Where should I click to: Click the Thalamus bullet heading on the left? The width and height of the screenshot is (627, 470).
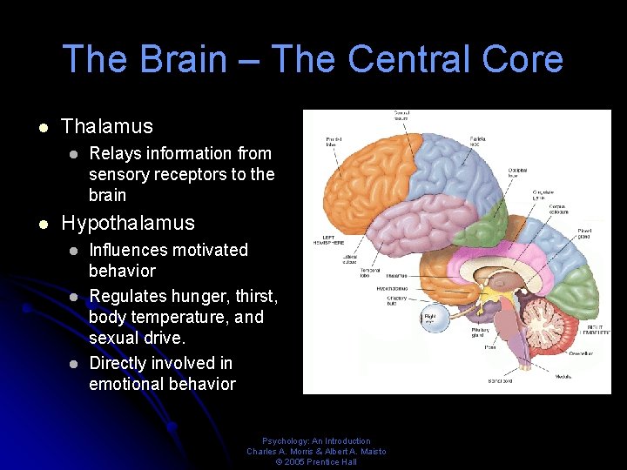tap(107, 126)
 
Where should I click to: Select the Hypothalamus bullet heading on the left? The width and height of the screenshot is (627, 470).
tap(128, 223)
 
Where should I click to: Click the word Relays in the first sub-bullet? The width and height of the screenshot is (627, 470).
tap(117, 153)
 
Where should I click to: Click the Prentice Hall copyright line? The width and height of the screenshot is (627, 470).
tap(316, 461)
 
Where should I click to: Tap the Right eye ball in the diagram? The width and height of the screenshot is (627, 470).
tap(430, 318)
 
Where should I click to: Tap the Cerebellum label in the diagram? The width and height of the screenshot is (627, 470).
tap(583, 354)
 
